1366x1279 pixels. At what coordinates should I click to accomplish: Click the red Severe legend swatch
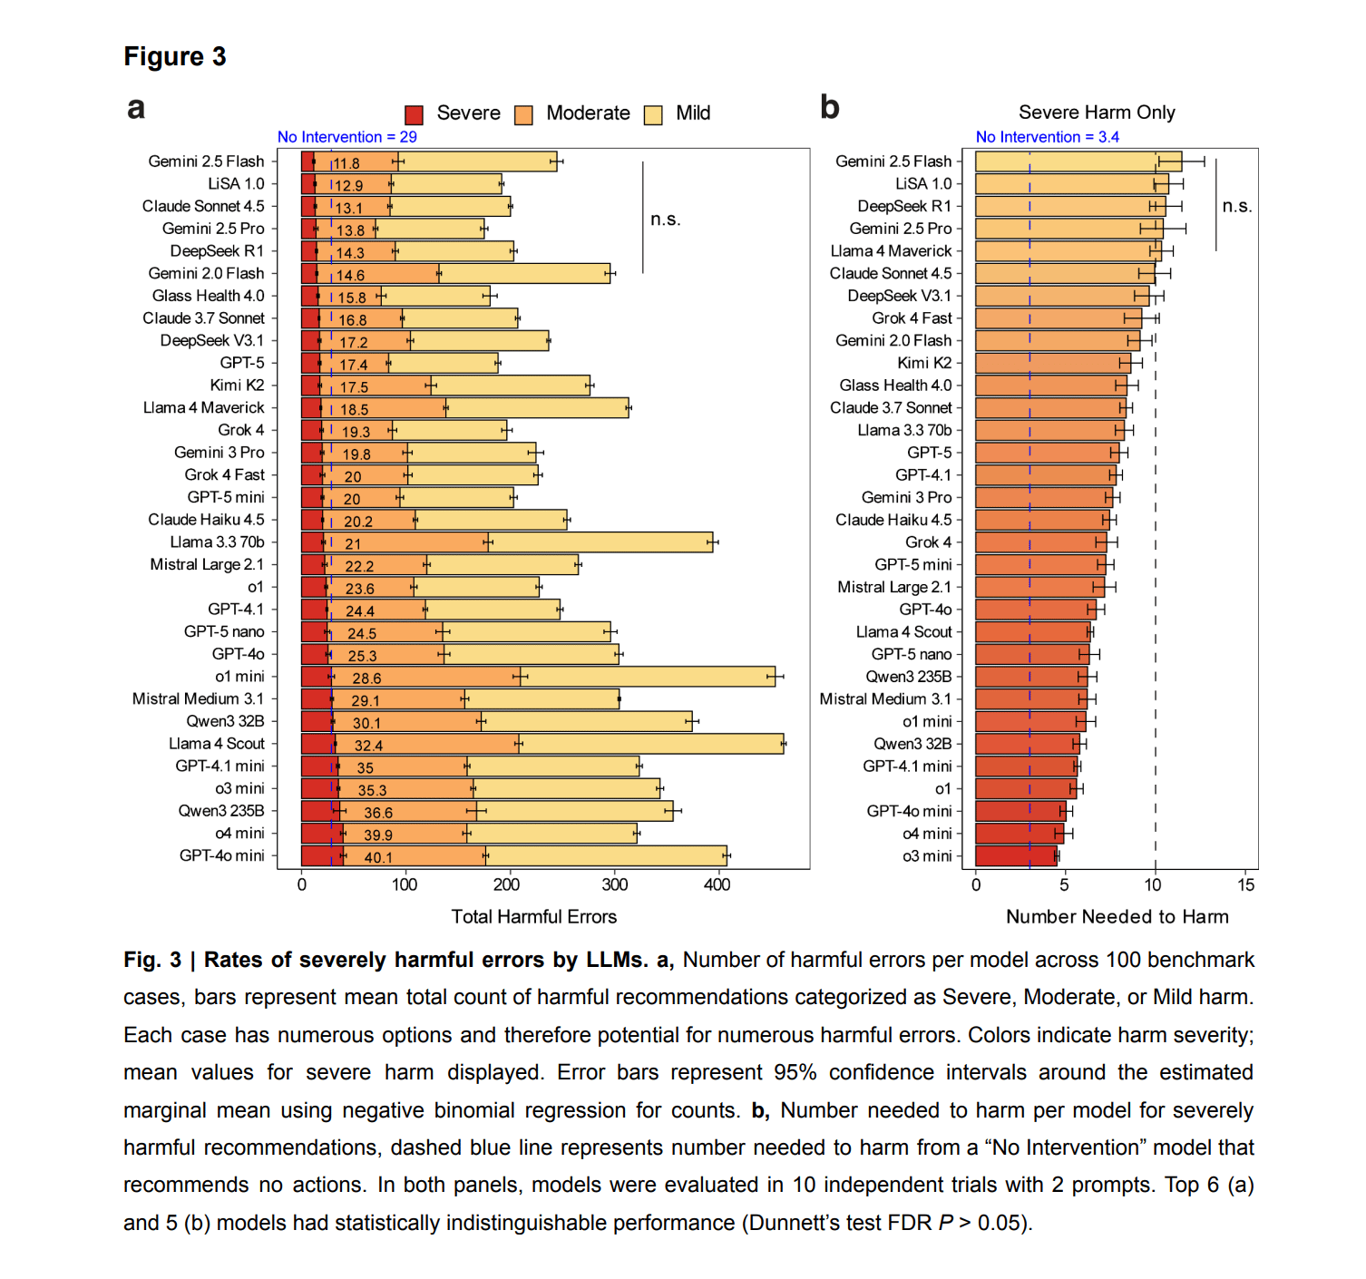[415, 114]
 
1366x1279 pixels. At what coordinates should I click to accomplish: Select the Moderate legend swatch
[523, 114]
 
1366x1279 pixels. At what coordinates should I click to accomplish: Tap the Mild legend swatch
[653, 114]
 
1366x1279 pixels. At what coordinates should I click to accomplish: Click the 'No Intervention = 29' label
[346, 137]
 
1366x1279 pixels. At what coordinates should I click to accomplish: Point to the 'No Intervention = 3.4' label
[1047, 137]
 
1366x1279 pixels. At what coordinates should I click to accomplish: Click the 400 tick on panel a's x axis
[717, 884]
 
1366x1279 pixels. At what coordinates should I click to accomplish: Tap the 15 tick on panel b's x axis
[1246, 884]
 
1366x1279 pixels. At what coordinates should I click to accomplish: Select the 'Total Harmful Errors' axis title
[533, 916]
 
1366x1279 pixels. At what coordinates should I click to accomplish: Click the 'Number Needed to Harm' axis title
[1117, 916]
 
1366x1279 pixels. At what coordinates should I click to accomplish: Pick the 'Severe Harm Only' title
[1097, 112]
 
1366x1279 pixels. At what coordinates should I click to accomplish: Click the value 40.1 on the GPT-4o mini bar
[378, 857]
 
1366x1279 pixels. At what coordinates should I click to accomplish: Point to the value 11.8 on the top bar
[346, 163]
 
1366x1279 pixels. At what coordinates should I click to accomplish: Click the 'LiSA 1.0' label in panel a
[236, 183]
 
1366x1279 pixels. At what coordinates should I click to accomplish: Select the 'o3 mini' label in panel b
[927, 856]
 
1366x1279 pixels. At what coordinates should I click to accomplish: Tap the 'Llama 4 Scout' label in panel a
[217, 744]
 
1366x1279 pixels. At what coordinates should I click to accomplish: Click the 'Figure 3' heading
[175, 56]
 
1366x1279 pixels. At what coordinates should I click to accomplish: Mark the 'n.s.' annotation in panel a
[665, 219]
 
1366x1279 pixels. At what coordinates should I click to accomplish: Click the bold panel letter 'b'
[829, 107]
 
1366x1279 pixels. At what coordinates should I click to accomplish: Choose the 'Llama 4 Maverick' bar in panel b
[1068, 251]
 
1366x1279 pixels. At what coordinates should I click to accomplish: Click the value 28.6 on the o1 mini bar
[366, 679]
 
